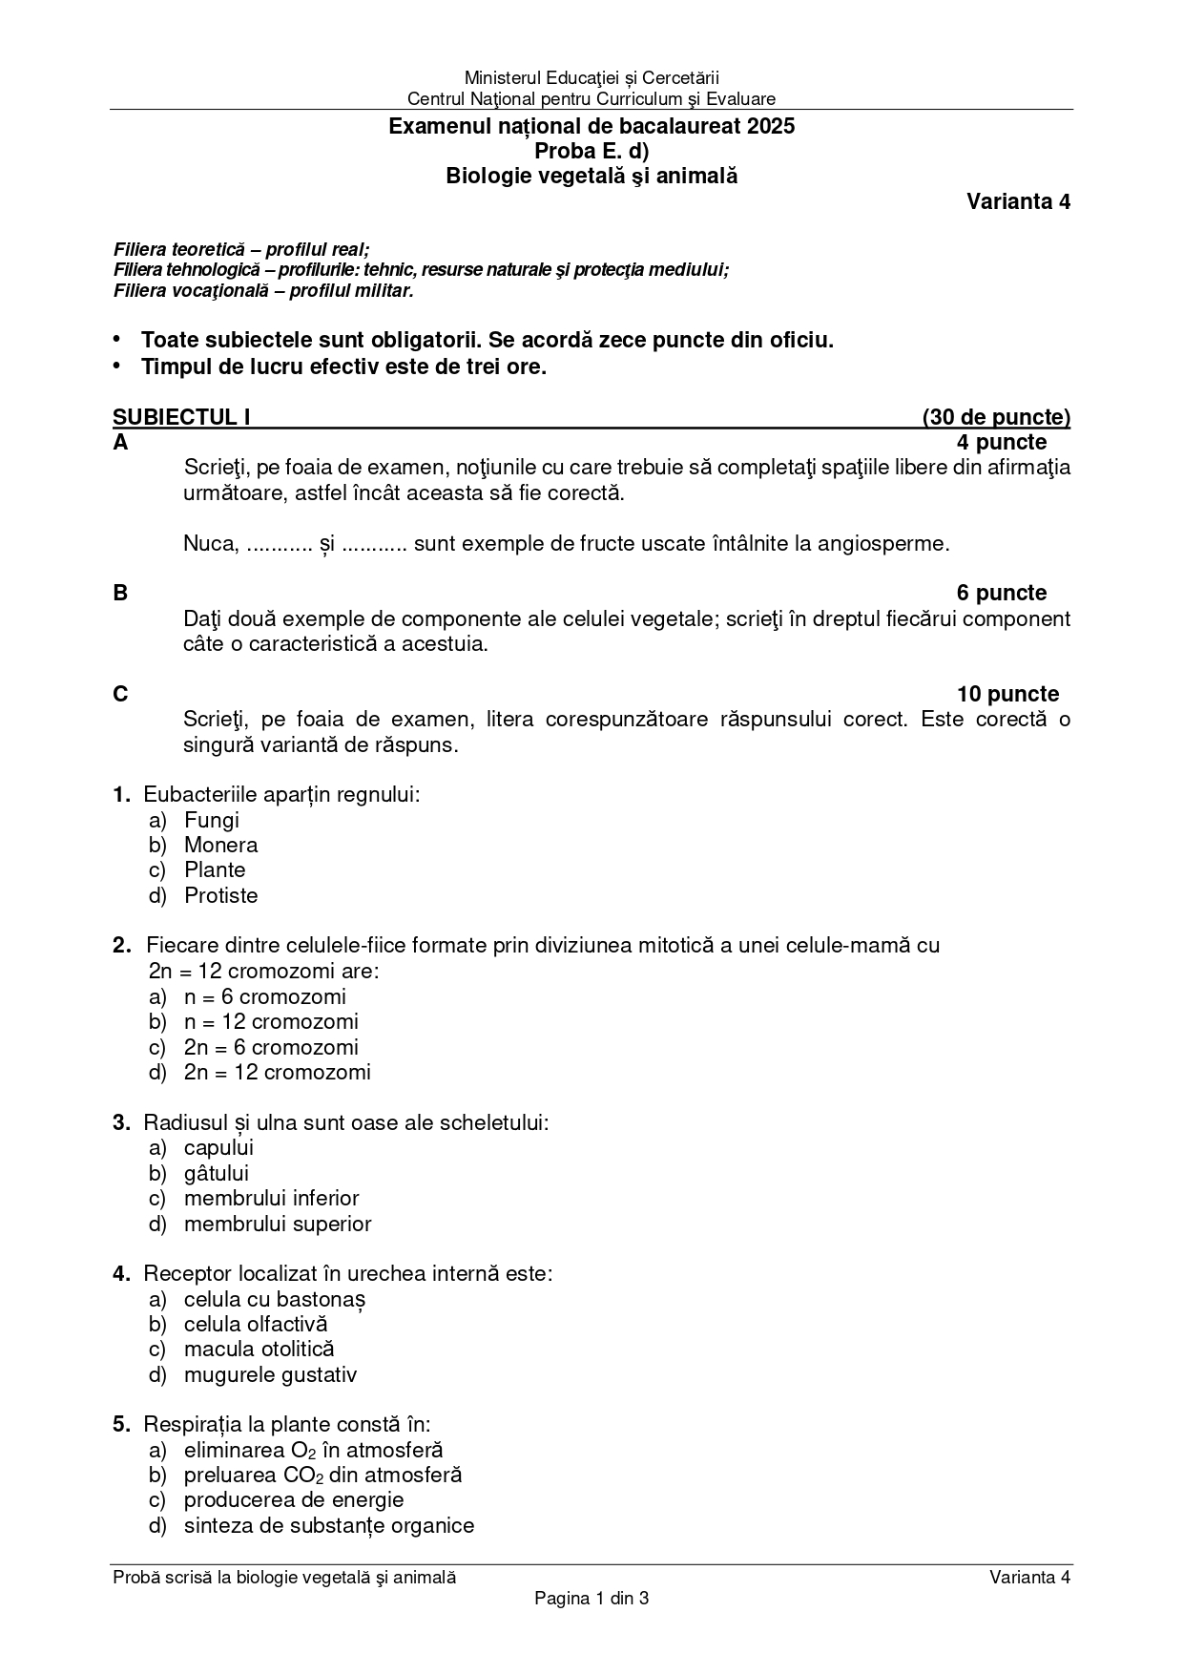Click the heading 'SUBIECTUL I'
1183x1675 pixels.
[181, 417]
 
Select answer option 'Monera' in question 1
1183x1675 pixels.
[220, 845]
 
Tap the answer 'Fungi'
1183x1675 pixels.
[211, 820]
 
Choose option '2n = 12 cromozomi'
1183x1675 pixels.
[277, 1072]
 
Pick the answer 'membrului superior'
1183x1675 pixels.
[277, 1224]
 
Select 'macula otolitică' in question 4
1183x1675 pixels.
[259, 1349]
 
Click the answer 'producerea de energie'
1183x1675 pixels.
[293, 1499]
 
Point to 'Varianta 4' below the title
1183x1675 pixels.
[1018, 201]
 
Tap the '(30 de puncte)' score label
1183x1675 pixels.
[996, 417]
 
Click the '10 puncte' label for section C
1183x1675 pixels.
[1007, 694]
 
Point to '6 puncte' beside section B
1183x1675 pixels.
[1002, 593]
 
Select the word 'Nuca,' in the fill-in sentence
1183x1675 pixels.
[210, 544]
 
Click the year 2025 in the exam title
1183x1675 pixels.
[771, 126]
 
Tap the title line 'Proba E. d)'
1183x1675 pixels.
[591, 151]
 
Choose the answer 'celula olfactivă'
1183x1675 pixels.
[256, 1324]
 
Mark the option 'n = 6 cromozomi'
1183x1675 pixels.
[264, 996]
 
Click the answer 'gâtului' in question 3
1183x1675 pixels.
[216, 1173]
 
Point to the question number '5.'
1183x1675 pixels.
[121, 1424]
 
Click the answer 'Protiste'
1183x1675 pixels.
[220, 895]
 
